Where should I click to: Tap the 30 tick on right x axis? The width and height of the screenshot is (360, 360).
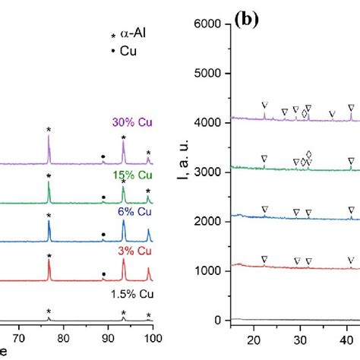[300, 339]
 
